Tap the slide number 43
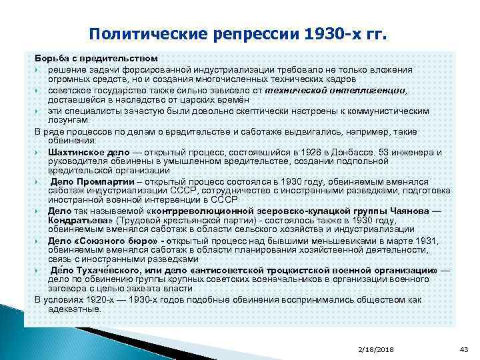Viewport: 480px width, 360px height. (x=465, y=349)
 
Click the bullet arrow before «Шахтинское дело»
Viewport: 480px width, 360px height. (x=40, y=153)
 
